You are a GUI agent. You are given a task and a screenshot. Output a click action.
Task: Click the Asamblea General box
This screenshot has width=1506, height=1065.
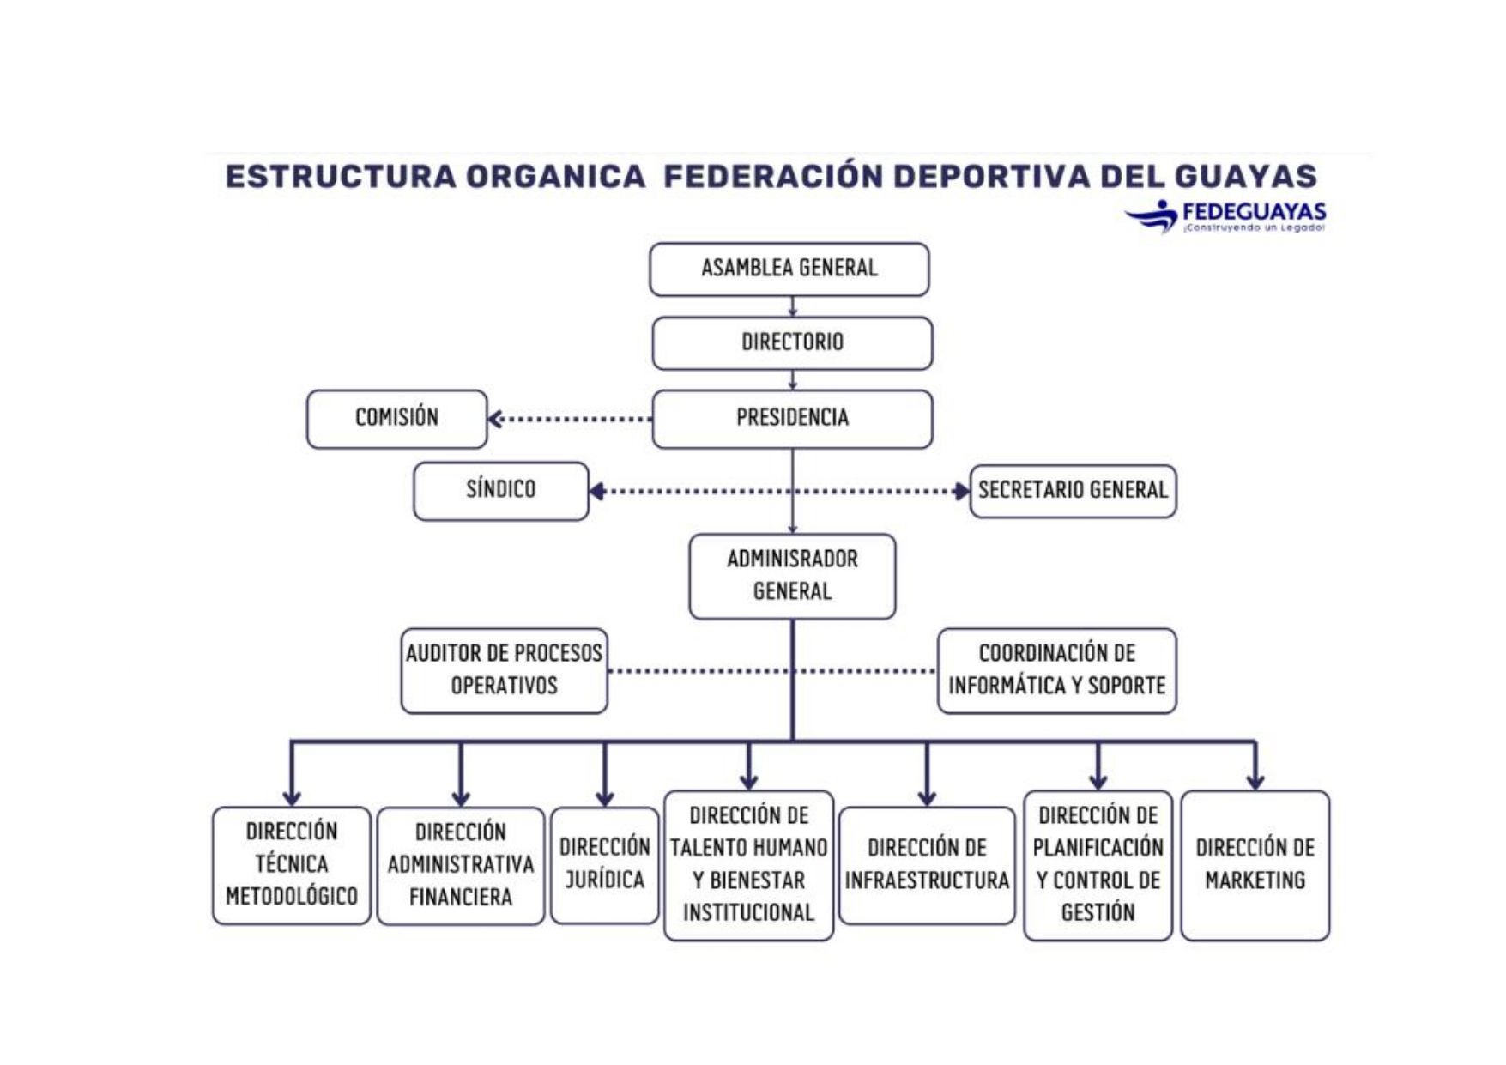(789, 269)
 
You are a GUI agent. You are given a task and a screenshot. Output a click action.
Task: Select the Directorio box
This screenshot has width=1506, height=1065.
(792, 343)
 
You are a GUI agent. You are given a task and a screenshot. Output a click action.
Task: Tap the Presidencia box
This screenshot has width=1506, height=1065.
(792, 419)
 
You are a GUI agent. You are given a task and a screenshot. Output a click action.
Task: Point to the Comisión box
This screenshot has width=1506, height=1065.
(396, 419)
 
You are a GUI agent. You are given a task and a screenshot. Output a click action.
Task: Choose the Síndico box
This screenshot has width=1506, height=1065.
(501, 491)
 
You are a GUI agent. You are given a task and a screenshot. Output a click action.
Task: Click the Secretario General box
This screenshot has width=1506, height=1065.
(1073, 491)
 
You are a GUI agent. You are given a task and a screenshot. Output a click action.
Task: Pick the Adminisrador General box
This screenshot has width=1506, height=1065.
(792, 576)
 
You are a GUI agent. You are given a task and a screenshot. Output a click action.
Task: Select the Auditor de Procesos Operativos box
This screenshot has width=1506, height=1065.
(504, 670)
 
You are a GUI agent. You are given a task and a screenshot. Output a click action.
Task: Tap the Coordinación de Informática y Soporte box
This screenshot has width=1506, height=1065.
(1057, 670)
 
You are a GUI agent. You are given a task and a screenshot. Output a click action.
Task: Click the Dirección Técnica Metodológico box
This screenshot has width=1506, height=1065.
(292, 865)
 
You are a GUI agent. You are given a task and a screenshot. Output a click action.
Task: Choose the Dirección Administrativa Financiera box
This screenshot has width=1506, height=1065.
(461, 865)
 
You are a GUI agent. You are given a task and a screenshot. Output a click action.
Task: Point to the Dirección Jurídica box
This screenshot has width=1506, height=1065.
(605, 865)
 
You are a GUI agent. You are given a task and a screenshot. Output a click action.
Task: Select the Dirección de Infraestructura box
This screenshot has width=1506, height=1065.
(927, 865)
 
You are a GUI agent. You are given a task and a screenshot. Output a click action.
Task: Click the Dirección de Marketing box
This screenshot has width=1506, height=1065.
(1255, 865)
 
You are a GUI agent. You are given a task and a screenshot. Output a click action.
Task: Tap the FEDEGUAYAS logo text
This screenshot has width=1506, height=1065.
(1254, 211)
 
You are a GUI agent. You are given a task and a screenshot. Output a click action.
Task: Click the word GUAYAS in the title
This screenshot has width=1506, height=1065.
(1245, 176)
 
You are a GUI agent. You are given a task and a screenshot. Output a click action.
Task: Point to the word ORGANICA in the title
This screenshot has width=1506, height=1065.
(555, 176)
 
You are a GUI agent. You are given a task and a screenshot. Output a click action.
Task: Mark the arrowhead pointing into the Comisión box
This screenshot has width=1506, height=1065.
(495, 419)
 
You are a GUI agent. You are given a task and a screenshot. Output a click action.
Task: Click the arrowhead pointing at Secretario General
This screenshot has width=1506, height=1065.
(962, 491)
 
